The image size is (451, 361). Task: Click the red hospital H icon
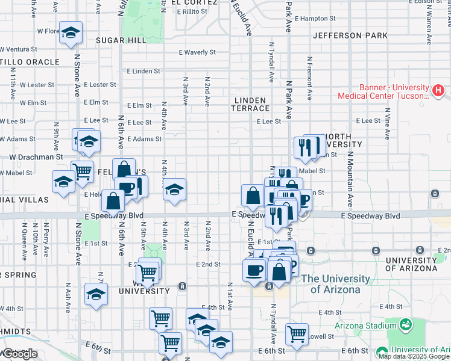point(438,91)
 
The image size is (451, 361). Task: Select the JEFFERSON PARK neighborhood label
point(350,35)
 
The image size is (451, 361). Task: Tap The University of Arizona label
point(335,284)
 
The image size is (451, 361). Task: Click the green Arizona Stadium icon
point(406,324)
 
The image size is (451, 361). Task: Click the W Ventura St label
point(20,49)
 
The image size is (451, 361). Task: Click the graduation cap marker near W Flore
point(71,33)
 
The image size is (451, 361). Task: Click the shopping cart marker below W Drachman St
point(83,171)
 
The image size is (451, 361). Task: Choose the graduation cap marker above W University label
point(96,294)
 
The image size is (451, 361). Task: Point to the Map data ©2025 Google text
point(414,356)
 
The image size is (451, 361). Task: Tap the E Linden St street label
point(143,71)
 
